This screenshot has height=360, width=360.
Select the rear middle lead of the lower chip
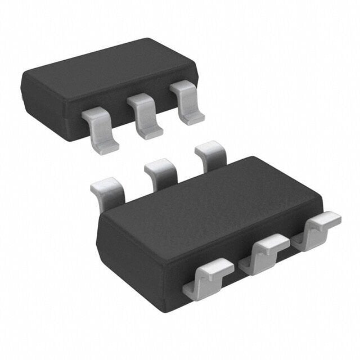tap(161, 171)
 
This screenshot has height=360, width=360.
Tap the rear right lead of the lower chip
tap(210, 154)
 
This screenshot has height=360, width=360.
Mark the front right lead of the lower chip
tap(316, 228)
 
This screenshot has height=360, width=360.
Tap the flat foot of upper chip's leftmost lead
tap(106, 146)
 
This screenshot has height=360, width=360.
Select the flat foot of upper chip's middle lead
tap(151, 133)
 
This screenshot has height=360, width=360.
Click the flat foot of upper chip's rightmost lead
tap(193, 118)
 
